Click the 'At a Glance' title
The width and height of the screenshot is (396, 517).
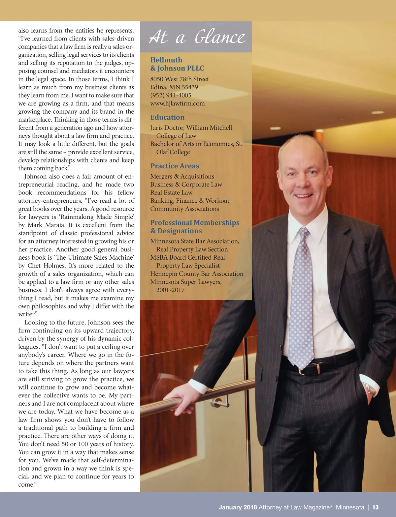click(x=197, y=37)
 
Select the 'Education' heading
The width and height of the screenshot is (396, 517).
click(x=167, y=117)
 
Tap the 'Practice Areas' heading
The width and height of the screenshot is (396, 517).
click(x=175, y=166)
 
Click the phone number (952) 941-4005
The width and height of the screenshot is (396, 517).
click(x=171, y=95)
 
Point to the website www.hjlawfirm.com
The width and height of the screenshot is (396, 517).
click(x=177, y=103)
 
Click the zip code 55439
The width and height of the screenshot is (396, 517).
click(x=190, y=87)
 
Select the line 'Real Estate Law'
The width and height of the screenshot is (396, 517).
click(x=171, y=193)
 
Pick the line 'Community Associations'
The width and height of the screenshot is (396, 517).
click(x=184, y=209)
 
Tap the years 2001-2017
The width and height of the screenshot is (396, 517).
click(x=170, y=290)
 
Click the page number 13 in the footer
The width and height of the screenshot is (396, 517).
click(x=376, y=507)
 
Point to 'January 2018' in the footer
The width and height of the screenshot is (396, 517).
click(x=238, y=507)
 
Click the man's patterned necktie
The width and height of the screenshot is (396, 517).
click(x=301, y=297)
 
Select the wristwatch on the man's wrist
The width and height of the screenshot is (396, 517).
click(x=372, y=389)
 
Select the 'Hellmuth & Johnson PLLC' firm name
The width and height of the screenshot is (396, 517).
click(x=177, y=64)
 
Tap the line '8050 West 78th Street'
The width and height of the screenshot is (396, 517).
click(x=179, y=79)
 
